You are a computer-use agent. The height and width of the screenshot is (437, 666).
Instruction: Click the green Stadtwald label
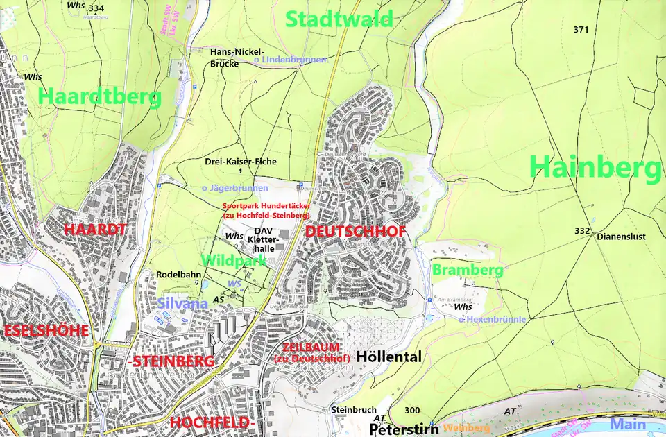click(x=339, y=19)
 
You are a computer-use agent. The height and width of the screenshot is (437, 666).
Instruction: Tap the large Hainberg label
click(x=595, y=169)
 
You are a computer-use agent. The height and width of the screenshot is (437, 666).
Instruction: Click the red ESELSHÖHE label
click(x=46, y=330)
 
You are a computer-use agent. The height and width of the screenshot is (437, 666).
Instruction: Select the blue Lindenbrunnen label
click(x=290, y=60)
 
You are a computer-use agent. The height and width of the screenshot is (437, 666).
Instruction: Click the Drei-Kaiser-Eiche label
click(x=241, y=162)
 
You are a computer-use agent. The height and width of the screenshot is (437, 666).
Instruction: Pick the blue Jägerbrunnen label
click(x=234, y=188)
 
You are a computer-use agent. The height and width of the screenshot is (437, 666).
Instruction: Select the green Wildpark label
click(x=234, y=261)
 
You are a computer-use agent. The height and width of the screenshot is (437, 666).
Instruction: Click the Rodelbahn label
click(x=178, y=275)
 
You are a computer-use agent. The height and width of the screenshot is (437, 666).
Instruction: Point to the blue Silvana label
click(x=182, y=303)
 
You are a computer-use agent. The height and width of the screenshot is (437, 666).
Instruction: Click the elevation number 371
click(x=581, y=30)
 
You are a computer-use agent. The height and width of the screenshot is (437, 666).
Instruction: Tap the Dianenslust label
click(x=621, y=237)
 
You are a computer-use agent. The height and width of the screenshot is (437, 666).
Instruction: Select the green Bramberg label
click(x=467, y=270)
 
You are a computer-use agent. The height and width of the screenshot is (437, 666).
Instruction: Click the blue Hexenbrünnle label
click(x=493, y=320)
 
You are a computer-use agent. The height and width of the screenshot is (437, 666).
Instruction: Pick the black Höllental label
click(x=388, y=357)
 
